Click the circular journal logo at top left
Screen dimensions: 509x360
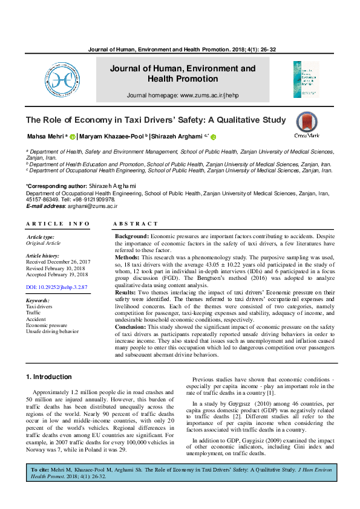click(61, 79)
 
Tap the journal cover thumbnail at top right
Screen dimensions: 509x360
click(306, 79)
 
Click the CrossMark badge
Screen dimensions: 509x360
click(307, 126)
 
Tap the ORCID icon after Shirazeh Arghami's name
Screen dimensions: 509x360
click(213, 137)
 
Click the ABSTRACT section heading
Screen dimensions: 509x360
click(136, 224)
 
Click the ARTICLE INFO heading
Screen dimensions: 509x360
click(58, 224)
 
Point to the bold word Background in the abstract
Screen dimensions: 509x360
click(131, 236)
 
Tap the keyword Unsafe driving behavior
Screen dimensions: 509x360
click(52, 331)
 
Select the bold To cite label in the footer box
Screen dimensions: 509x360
click(40, 470)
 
